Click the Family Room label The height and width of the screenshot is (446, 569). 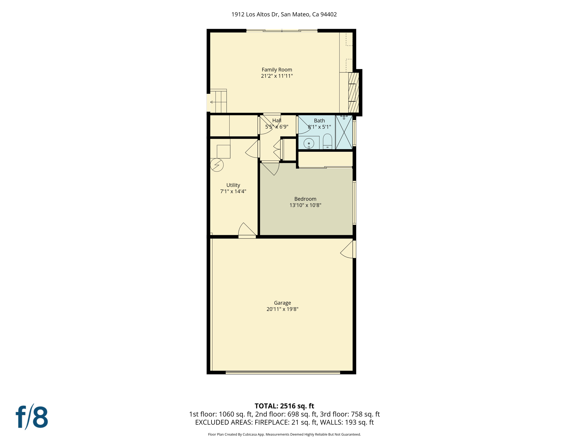[x=277, y=70]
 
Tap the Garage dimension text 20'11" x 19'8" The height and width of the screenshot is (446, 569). [x=282, y=309]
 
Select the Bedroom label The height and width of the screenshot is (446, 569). [x=305, y=199]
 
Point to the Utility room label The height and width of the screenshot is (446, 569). [x=233, y=185]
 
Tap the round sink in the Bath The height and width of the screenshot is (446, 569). [x=309, y=143]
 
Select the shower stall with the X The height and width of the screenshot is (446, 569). [x=344, y=132]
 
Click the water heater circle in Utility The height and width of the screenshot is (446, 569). [x=216, y=165]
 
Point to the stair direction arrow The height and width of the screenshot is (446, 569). [x=212, y=102]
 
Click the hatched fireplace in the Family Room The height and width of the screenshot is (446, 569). [x=353, y=92]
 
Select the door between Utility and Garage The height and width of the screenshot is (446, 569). [x=247, y=231]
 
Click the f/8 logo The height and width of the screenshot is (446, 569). [x=32, y=417]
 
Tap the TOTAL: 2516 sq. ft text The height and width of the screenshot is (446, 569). [x=284, y=406]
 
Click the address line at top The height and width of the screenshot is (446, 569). [x=284, y=15]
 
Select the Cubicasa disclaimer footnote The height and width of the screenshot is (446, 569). [x=284, y=434]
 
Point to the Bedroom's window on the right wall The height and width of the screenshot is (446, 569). [x=354, y=203]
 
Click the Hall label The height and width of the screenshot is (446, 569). [x=277, y=121]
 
